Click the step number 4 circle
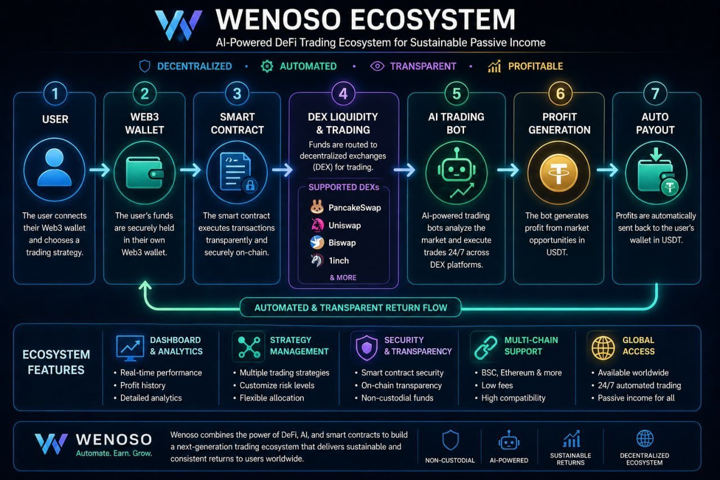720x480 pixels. click(343, 93)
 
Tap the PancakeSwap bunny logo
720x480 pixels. click(317, 207)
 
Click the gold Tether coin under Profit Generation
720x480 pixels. click(559, 173)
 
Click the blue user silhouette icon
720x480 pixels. click(55, 167)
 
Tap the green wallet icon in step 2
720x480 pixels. click(145, 173)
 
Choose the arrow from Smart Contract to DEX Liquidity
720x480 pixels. click(282, 170)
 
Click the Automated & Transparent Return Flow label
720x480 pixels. click(350, 308)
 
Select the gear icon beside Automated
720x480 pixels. click(267, 66)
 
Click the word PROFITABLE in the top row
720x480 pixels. click(535, 66)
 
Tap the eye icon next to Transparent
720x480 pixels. click(377, 66)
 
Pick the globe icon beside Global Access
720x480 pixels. click(603, 348)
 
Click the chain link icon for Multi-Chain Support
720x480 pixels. click(485, 348)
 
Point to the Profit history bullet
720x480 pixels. click(139, 385)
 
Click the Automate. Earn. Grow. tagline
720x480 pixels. click(114, 454)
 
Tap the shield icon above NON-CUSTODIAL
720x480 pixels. click(451, 440)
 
